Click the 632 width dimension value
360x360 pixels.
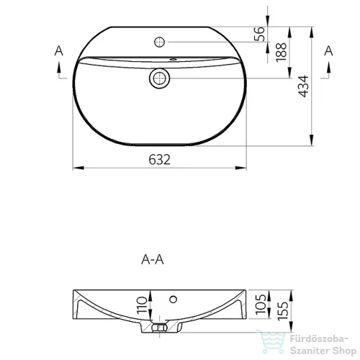[159, 159]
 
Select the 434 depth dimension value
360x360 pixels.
[304, 86]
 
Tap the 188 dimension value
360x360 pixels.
[282, 53]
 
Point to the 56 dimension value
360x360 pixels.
[259, 34]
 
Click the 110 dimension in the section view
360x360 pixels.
[142, 305]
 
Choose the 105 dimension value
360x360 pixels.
[261, 305]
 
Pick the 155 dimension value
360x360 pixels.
[283, 311]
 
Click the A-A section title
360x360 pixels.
[153, 259]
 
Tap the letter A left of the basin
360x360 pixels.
[59, 51]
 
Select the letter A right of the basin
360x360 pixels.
[329, 51]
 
